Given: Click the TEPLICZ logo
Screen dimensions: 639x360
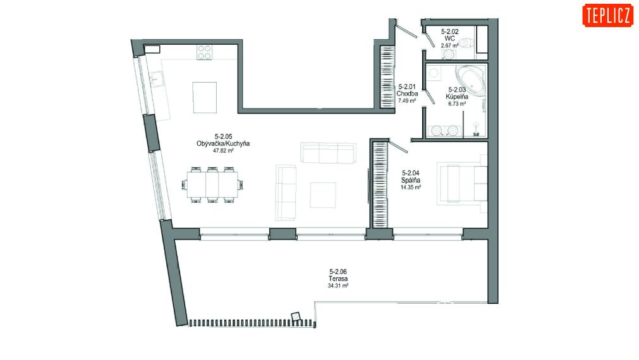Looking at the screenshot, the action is (607, 16).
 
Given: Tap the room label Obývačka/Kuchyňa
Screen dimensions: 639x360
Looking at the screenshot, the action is (223, 143).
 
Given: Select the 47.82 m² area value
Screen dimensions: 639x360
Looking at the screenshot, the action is (223, 150).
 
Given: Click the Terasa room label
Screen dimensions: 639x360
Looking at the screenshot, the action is (338, 279).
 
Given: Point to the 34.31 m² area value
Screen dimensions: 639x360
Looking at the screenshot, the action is (338, 286).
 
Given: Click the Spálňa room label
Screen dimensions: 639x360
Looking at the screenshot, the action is (411, 180).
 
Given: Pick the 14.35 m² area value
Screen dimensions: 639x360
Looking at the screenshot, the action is (411, 188).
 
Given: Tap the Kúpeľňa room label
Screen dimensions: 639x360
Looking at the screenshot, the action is (457, 97).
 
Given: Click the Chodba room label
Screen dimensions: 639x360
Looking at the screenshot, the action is (407, 93).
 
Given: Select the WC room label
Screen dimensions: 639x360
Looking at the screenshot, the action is (449, 39).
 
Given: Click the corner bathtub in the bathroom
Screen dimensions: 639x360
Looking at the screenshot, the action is (471, 80).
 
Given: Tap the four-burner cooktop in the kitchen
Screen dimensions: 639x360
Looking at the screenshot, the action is (204, 52).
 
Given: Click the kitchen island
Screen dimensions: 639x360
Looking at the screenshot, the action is (205, 97).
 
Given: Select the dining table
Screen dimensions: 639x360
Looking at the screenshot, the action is (212, 184).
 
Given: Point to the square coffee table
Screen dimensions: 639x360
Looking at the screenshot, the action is (323, 195).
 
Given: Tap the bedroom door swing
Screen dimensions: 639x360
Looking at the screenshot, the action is (398, 147).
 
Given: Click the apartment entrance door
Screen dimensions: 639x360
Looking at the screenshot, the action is (406, 31).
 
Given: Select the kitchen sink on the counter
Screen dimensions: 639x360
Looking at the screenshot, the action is (155, 78).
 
